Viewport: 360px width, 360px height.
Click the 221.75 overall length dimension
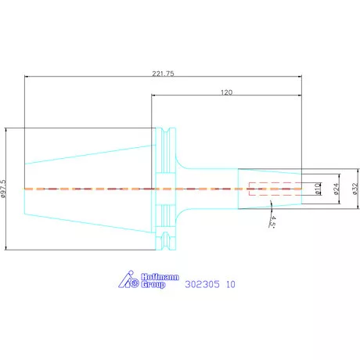click(163, 74)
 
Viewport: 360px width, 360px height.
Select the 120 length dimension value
click(226, 92)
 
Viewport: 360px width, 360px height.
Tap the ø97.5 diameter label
click(3, 189)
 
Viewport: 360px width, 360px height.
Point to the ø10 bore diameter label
click(318, 189)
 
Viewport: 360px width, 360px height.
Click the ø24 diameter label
click(337, 189)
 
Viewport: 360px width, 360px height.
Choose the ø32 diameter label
click(355, 189)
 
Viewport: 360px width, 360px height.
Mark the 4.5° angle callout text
click(272, 221)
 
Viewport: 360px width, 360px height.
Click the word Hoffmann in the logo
click(160, 277)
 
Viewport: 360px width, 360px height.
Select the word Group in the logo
click(153, 285)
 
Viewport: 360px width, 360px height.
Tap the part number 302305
click(203, 284)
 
